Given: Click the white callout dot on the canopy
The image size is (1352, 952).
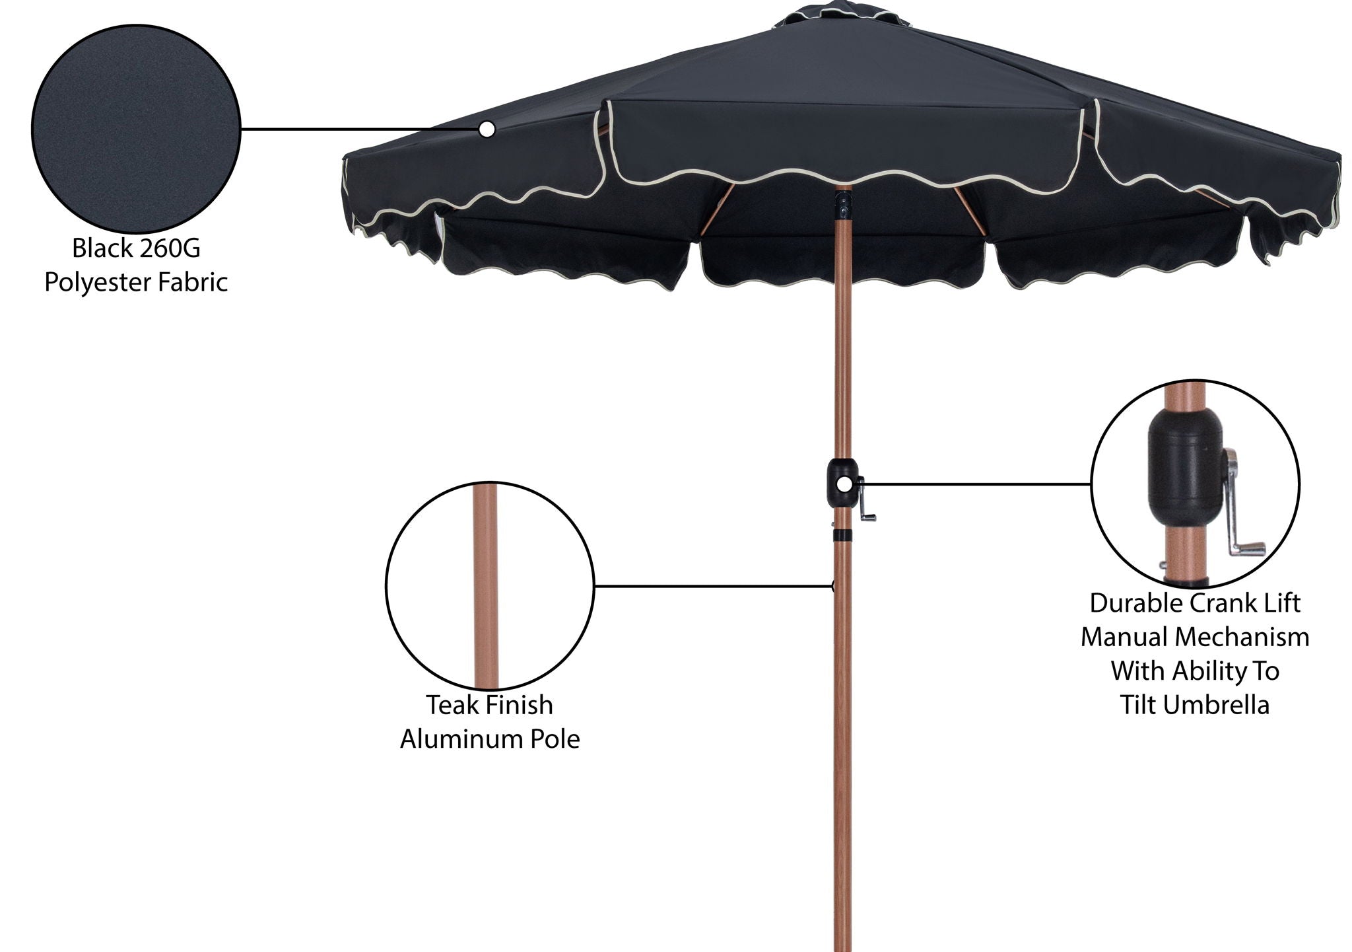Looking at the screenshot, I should pos(487,129).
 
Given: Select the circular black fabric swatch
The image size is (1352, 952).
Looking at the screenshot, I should pos(136,129).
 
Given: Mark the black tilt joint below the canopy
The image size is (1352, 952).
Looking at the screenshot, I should pos(843,205).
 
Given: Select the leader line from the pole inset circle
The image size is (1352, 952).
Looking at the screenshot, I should pos(713,585).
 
